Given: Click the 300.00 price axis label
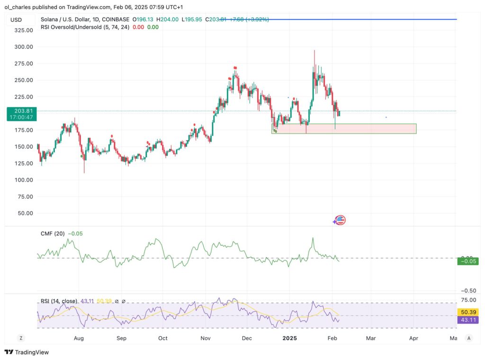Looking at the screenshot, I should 23,47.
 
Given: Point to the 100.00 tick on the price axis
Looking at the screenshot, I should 23,180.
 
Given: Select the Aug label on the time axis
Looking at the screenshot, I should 79,338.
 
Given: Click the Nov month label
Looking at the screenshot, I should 206,338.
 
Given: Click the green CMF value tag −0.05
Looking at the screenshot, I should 467,261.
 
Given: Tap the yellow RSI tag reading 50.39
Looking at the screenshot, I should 467,312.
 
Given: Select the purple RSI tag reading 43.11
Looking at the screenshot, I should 467,320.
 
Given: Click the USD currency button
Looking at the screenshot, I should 16,20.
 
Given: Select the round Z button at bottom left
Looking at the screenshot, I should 21,338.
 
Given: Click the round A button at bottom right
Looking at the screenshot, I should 468,338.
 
